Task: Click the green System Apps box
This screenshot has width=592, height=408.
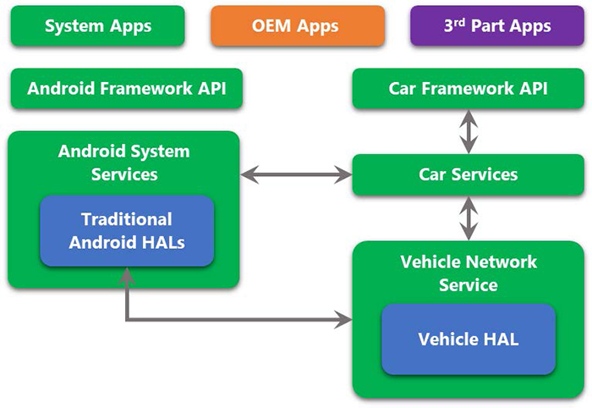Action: click(x=98, y=25)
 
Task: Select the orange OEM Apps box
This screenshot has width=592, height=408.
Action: click(x=296, y=25)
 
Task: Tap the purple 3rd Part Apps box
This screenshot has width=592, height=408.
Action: click(x=496, y=25)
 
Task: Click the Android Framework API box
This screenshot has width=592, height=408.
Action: click(x=126, y=89)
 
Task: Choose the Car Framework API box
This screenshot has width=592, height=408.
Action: click(x=468, y=89)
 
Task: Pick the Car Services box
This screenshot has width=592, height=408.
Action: click(x=468, y=175)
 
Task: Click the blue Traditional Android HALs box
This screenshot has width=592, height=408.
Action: click(x=126, y=231)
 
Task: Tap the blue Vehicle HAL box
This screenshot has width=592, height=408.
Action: click(x=468, y=339)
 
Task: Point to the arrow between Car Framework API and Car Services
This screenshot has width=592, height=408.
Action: click(x=468, y=131)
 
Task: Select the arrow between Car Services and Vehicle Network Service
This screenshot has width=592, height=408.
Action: click(x=468, y=218)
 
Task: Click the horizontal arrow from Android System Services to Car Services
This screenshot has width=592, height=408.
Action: click(x=296, y=175)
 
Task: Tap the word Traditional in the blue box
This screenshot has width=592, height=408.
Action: click(x=126, y=219)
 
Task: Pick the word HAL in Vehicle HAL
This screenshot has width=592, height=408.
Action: click(x=500, y=339)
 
